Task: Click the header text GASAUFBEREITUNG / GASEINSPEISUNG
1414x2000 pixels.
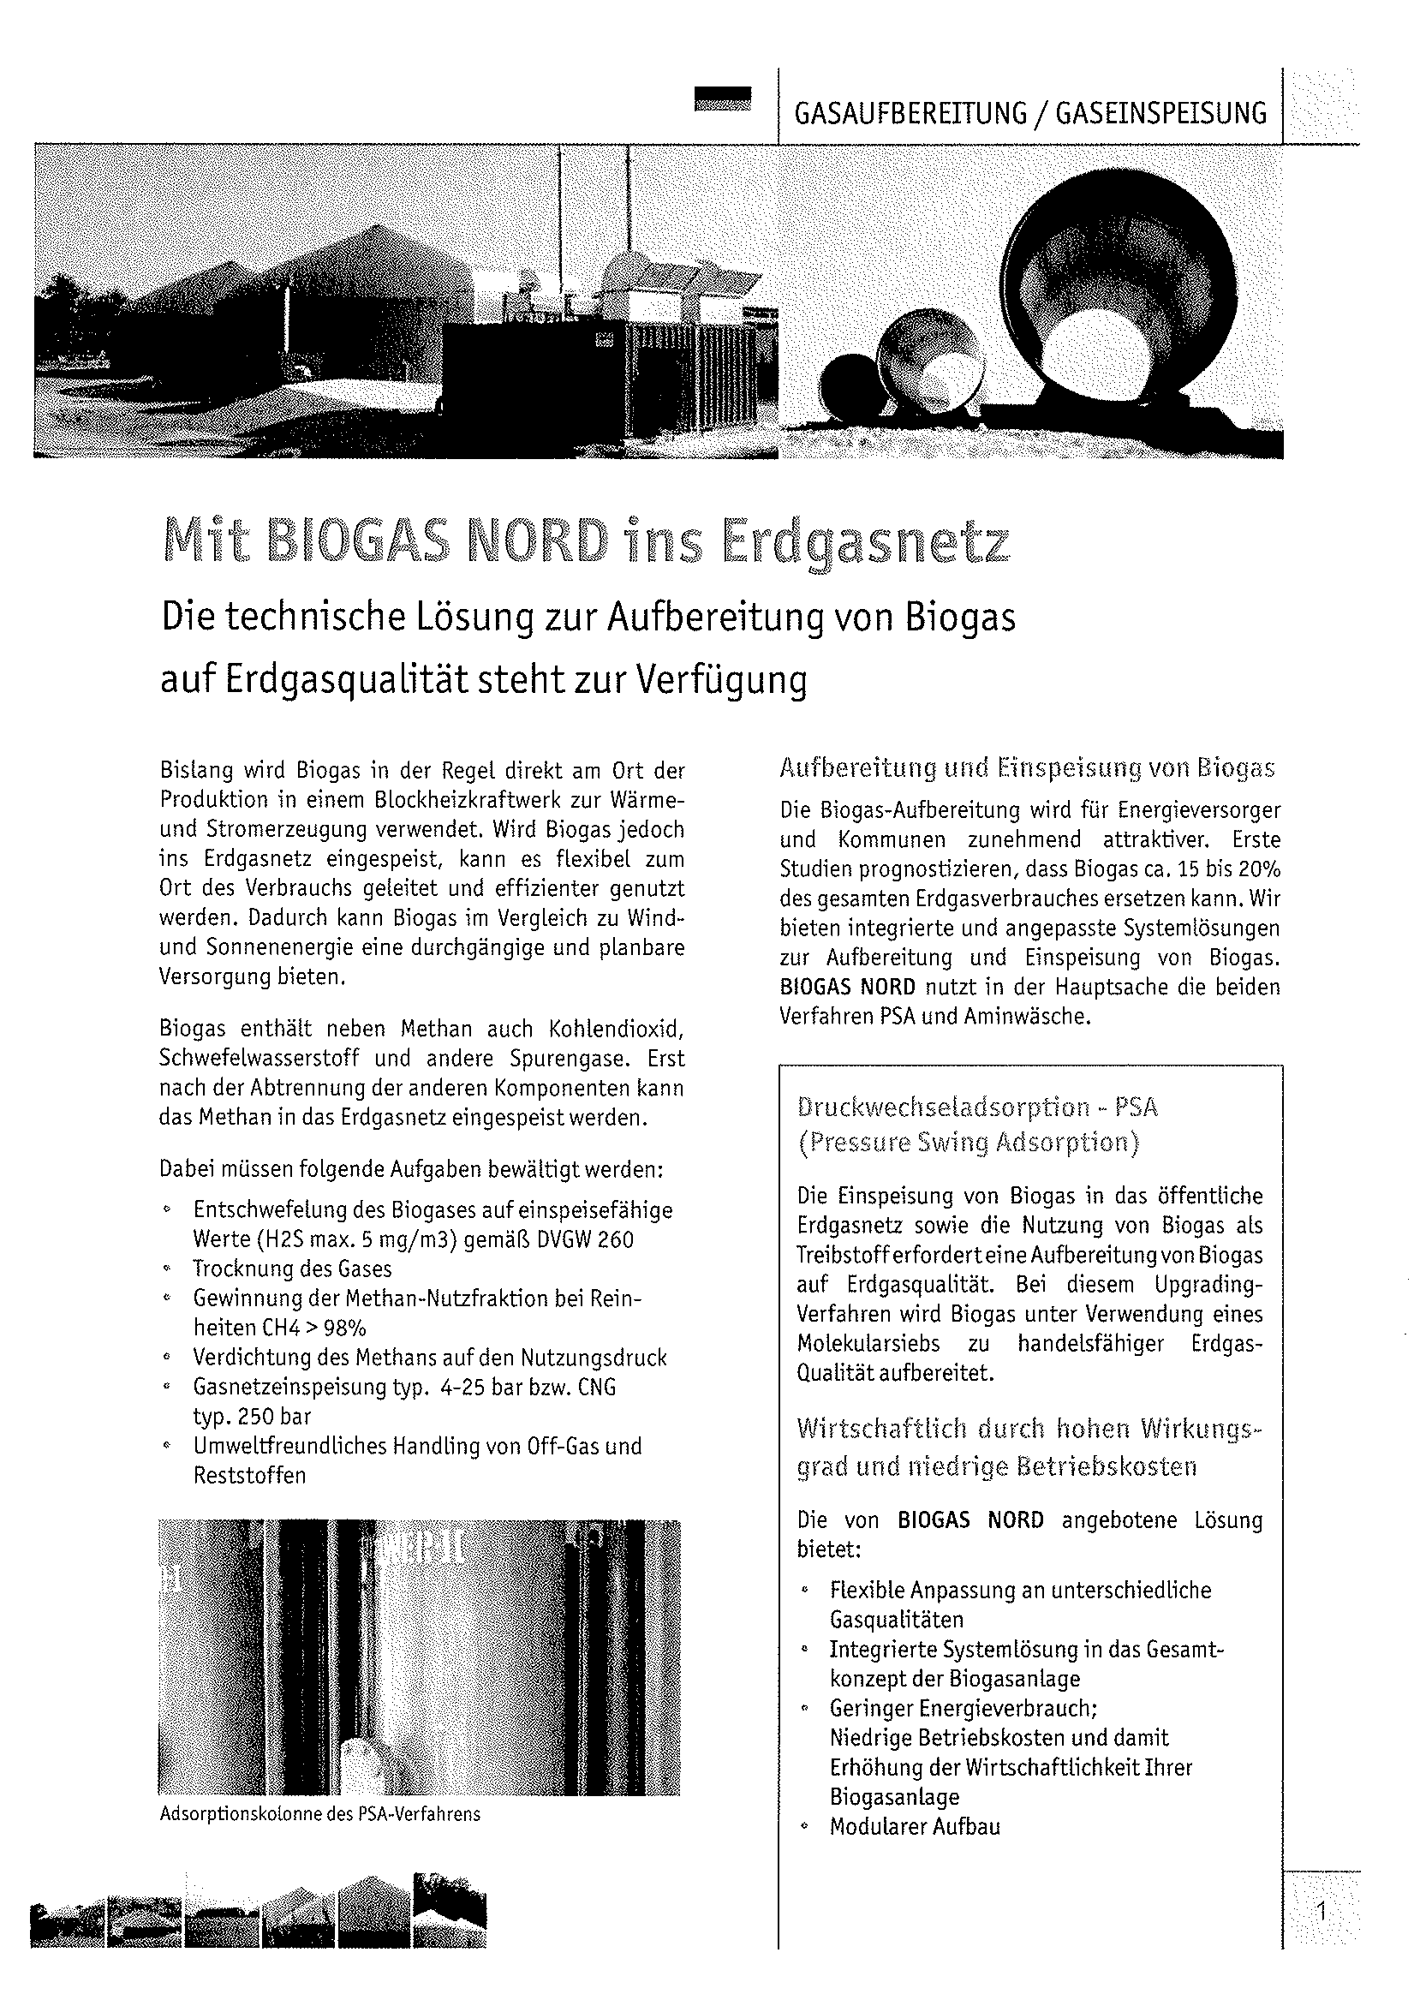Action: coord(1029,114)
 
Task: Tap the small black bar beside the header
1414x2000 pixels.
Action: coord(721,99)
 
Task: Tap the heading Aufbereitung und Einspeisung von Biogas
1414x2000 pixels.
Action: coord(1027,768)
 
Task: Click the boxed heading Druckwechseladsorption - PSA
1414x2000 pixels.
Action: coord(977,1107)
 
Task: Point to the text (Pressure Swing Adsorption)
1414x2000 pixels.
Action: coord(968,1142)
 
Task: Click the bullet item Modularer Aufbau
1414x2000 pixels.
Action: coord(915,1827)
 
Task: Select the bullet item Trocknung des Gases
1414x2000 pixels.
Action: coord(293,1269)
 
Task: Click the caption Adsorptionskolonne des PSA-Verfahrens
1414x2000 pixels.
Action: coord(319,1814)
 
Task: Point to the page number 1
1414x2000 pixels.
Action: coord(1321,1913)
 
